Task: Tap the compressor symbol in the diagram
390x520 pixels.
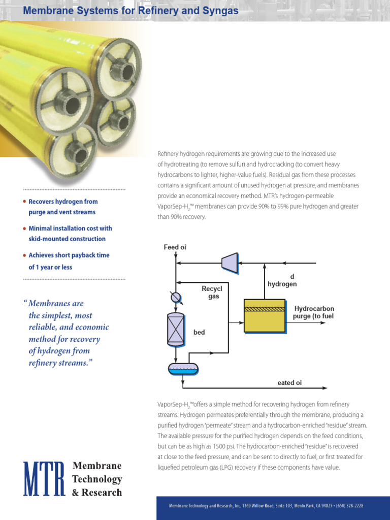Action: [230, 262]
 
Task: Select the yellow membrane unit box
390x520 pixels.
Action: [264, 316]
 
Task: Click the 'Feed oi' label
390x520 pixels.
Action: [175, 247]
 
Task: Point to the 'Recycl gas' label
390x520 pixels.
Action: [212, 292]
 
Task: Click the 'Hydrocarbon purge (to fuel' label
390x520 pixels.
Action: [313, 312]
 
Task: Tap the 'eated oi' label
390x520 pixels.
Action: [289, 383]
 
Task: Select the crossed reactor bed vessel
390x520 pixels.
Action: [175, 330]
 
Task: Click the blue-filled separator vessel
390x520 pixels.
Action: [183, 368]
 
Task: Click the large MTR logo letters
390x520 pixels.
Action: [45, 478]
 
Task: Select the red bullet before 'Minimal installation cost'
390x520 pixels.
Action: [24, 228]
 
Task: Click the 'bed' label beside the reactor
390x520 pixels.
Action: [199, 333]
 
